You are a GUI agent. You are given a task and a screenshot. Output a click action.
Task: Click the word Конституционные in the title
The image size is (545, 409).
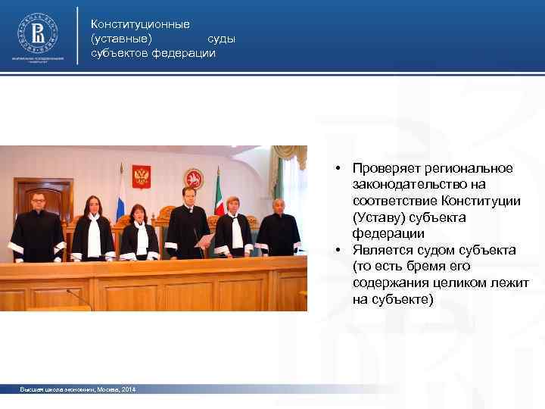click(140, 25)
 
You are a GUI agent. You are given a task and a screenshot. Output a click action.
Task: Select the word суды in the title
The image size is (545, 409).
click(222, 39)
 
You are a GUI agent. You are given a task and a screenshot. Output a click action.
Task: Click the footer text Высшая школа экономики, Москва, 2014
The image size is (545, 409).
click(79, 389)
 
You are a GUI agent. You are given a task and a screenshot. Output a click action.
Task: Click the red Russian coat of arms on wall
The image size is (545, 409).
click(142, 176)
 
